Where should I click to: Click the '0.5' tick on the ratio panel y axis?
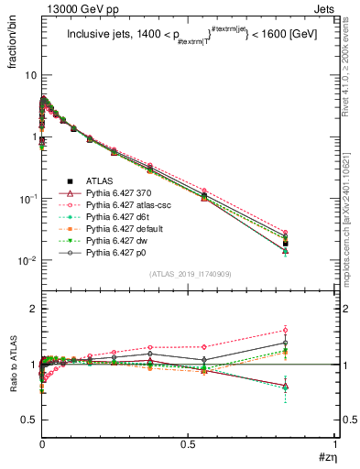click(x=26, y=420)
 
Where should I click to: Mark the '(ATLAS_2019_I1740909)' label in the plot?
click(x=189, y=274)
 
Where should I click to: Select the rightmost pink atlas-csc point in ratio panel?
click(x=311, y=331)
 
